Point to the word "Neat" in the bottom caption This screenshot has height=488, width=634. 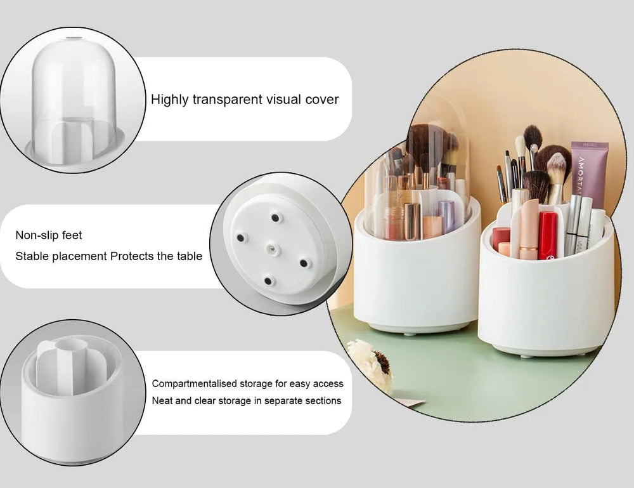coord(163,400)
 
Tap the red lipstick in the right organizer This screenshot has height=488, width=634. coord(547,235)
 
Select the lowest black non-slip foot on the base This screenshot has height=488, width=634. coord(268,280)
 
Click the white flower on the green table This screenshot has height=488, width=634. coord(371,365)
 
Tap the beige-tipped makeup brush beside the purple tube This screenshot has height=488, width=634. coord(556,175)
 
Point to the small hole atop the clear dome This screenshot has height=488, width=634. coord(75,40)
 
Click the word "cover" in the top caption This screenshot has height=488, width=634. coord(322,100)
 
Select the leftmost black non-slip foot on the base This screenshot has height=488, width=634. coord(240,237)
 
